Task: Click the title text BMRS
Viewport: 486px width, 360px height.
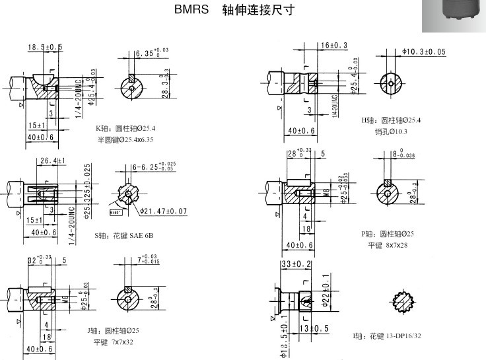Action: [x=191, y=11]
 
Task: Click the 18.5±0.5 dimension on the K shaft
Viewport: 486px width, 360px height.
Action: [x=45, y=47]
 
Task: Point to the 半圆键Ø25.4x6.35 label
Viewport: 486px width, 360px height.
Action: [x=125, y=139]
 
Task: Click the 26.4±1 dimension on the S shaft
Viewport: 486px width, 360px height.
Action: [x=53, y=161]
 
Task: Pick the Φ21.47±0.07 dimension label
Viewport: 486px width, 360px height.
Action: [x=163, y=211]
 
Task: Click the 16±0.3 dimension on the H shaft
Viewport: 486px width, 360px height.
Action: [x=334, y=45]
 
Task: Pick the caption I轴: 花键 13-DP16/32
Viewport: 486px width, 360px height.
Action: [x=386, y=336]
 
